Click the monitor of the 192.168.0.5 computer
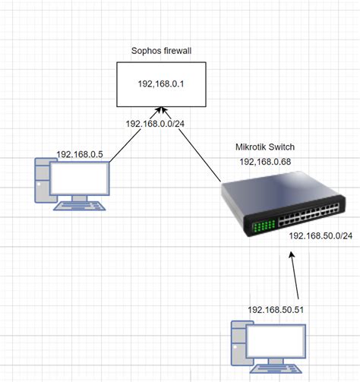pos(78,178)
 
